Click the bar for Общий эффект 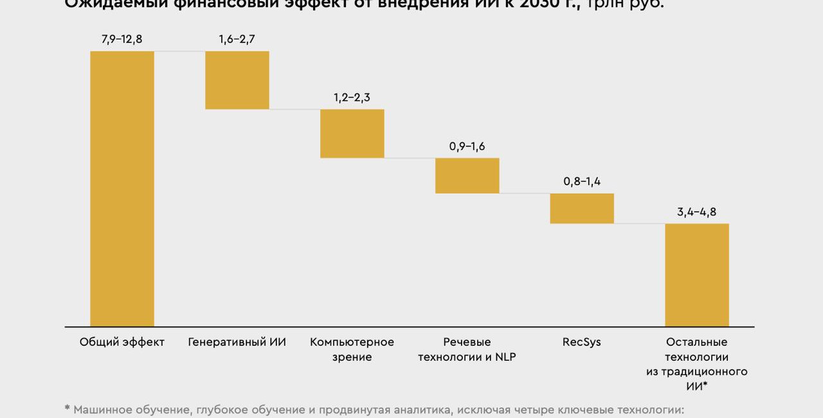tap(122, 188)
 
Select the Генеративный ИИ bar tap(237, 80)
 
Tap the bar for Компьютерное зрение tap(352, 133)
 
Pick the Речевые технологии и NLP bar tap(467, 176)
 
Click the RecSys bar tap(582, 208)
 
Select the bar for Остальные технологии tap(697, 275)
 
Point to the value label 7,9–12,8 tap(122, 39)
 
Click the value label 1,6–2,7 tap(237, 39)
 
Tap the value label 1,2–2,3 tap(352, 98)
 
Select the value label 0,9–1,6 tap(467, 147)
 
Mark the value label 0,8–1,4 tap(582, 181)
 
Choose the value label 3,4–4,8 tap(696, 212)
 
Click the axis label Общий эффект tap(122, 342)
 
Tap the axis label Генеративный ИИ tap(237, 342)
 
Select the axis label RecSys tap(582, 342)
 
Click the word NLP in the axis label tap(505, 357)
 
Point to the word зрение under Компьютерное tap(352, 357)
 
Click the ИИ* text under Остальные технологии tap(696, 386)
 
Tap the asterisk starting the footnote tap(67, 408)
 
